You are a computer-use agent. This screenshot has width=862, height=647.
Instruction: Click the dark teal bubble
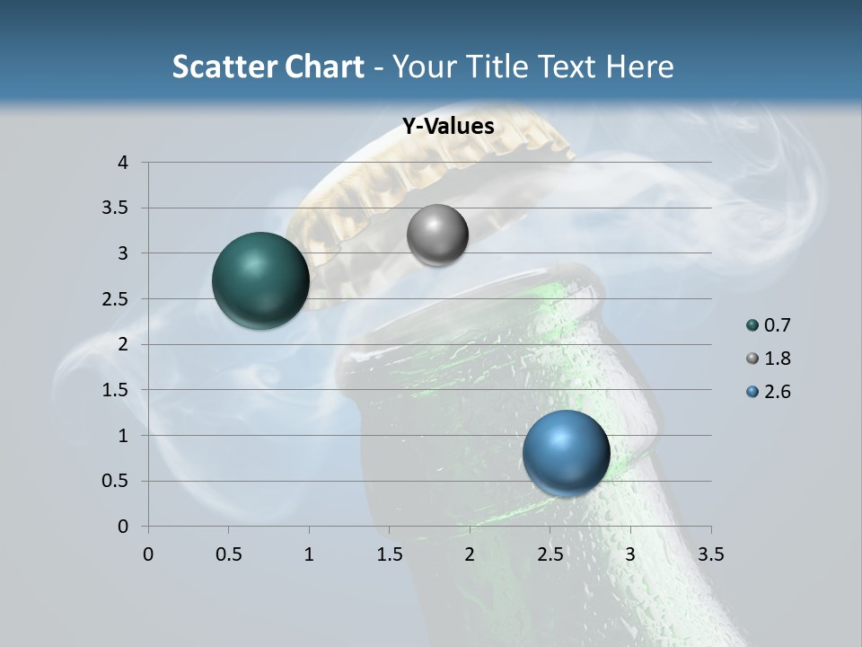point(260,280)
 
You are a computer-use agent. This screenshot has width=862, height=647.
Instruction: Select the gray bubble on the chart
point(437,235)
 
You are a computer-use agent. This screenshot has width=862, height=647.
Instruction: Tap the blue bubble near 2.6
point(566,453)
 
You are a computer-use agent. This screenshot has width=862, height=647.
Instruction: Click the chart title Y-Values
point(447,127)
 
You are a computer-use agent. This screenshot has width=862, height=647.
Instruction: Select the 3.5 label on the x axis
point(710,554)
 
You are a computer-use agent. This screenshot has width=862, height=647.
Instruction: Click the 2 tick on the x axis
point(470,554)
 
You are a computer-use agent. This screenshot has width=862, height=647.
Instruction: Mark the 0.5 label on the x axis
point(228,554)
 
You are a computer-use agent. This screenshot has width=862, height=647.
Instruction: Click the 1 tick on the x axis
point(309,554)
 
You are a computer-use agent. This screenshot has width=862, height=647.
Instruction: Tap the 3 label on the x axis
point(630,554)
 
